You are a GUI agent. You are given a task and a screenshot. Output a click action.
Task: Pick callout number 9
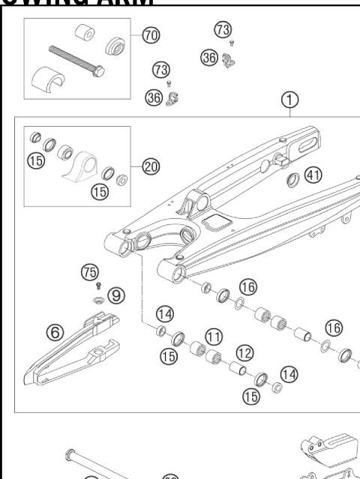click(116, 295)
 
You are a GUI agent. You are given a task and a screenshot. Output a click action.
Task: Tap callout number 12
click(243, 351)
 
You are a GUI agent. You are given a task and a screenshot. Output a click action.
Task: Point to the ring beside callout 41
click(292, 180)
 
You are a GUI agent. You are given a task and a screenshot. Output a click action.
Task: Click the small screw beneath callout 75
click(97, 286)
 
